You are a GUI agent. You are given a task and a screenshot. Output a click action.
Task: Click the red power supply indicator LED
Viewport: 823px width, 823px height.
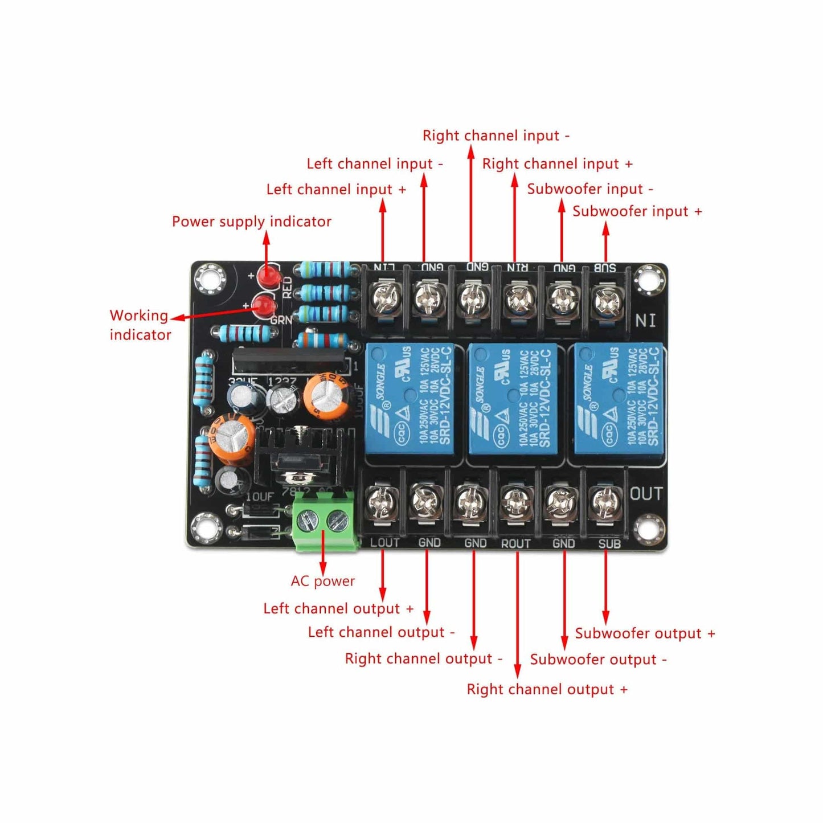coord(267,277)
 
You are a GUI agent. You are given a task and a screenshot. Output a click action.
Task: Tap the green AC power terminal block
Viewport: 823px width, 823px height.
coord(324,520)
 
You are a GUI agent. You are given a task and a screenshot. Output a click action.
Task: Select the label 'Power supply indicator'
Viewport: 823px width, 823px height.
coord(251,222)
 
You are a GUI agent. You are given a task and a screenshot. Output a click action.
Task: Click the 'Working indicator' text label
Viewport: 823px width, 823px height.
coord(140,325)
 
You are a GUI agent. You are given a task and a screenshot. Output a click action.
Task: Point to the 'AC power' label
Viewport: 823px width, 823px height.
coord(323,581)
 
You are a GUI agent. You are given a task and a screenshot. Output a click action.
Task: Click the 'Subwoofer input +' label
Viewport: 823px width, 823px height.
coord(637,211)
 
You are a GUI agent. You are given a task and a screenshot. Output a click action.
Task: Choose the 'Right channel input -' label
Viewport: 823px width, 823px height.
coord(496,136)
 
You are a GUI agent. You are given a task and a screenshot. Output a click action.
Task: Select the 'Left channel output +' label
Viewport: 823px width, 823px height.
coord(338,608)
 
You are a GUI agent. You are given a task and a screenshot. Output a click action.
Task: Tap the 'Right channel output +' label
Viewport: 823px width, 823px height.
coord(547,689)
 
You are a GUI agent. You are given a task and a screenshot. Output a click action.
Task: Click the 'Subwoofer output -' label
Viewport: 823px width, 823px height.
coord(598,660)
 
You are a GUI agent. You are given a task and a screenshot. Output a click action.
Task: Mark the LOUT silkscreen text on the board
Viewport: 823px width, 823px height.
coord(384,543)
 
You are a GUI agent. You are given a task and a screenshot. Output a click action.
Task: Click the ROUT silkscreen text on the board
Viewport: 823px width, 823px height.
coord(516,544)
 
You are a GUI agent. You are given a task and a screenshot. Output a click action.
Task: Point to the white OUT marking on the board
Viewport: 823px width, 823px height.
coord(646,494)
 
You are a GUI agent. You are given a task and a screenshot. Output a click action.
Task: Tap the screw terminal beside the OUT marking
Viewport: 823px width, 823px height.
coord(605,502)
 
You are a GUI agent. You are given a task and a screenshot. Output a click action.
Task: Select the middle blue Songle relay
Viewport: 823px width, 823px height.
coord(513,399)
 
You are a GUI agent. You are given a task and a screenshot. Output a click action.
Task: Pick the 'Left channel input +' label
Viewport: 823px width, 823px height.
coord(336,189)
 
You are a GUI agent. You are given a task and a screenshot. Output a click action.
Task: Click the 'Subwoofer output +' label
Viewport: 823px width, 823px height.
coord(645,633)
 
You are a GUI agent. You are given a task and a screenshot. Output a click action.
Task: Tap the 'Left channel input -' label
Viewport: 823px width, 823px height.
coord(375,164)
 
